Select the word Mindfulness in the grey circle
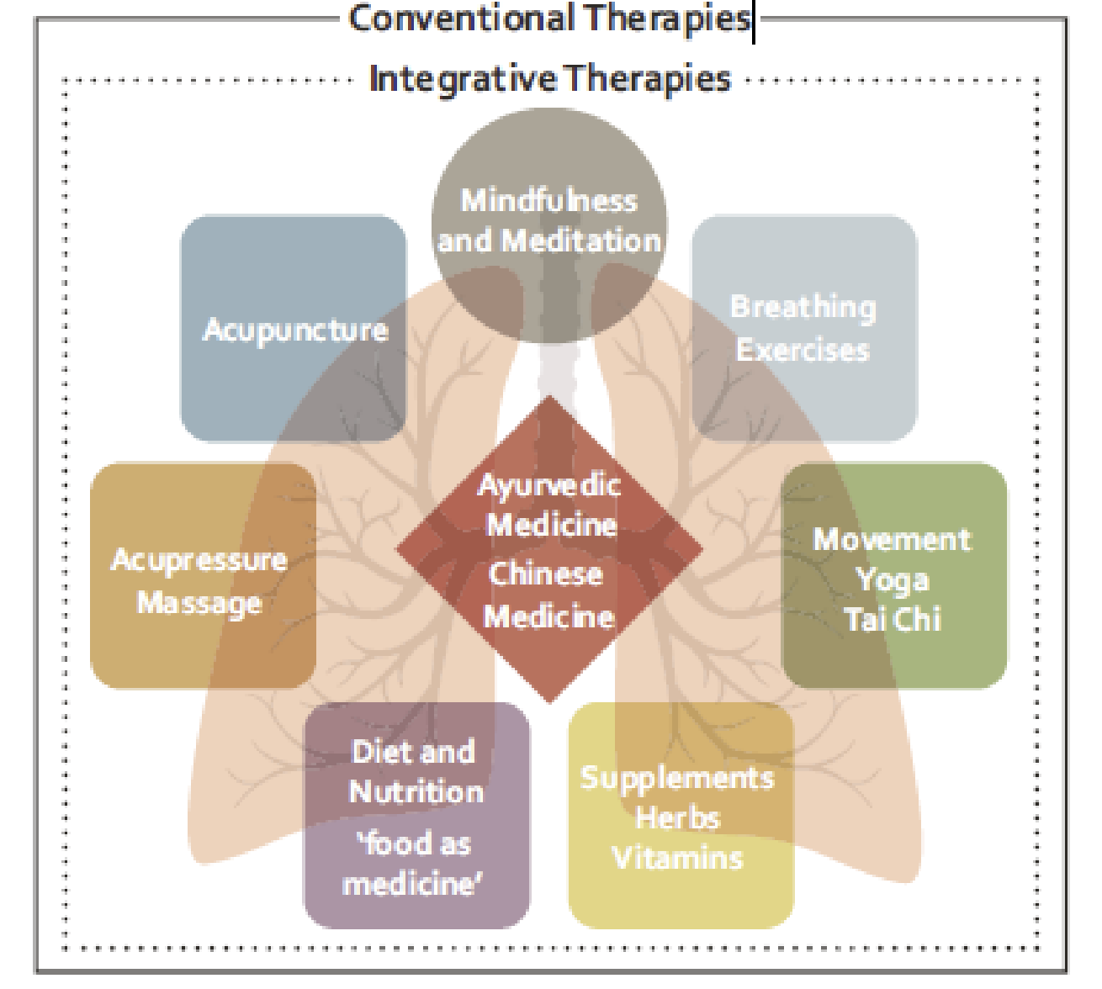pyautogui.click(x=548, y=200)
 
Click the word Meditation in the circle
pyautogui.click(x=581, y=241)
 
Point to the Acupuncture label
pyautogui.click(x=295, y=330)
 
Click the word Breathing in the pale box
pyautogui.click(x=803, y=308)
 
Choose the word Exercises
pyautogui.click(x=803, y=350)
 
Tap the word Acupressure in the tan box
pyautogui.click(x=199, y=560)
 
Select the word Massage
pyautogui.click(x=199, y=603)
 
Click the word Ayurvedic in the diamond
pyautogui.click(x=549, y=485)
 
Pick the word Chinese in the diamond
pyautogui.click(x=546, y=574)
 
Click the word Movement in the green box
pyautogui.click(x=892, y=539)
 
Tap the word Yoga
pyautogui.click(x=892, y=580)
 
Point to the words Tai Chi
pyautogui.click(x=893, y=620)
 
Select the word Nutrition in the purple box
pyautogui.click(x=416, y=792)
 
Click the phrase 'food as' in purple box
pyautogui.click(x=413, y=843)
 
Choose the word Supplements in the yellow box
pyautogui.click(x=677, y=778)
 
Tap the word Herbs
pyautogui.click(x=678, y=817)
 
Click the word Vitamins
pyautogui.click(x=678, y=859)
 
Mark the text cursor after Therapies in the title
pyautogui.click(x=754, y=21)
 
